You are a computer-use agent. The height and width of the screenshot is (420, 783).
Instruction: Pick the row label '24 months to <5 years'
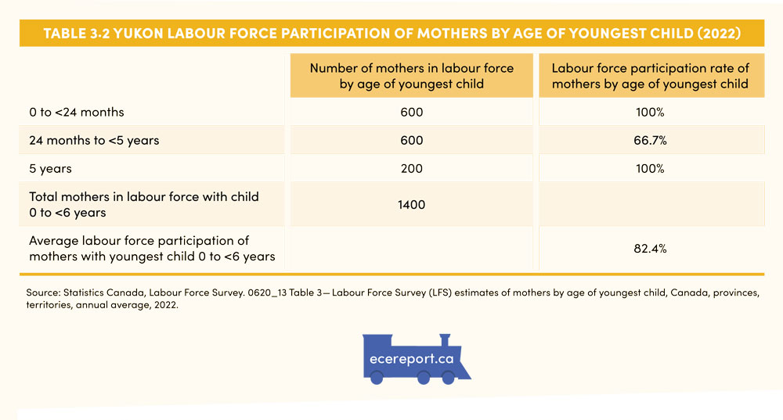coord(94,141)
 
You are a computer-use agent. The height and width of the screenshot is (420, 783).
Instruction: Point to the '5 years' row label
coord(50,169)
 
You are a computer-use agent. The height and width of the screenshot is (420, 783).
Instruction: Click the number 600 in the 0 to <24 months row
coord(411,113)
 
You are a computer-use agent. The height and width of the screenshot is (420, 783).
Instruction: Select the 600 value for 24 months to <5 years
coord(411,141)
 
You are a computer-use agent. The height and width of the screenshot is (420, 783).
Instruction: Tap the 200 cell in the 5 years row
coord(411,169)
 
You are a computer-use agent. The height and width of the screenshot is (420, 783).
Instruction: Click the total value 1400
coord(411,204)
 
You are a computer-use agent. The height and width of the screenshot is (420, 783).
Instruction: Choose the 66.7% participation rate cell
coord(651,141)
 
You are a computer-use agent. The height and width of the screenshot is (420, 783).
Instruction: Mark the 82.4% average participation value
coord(651,249)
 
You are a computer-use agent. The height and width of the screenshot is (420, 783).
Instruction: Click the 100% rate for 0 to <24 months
coord(651,113)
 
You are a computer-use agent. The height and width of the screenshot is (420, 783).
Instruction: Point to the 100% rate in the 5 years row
coord(651,169)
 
